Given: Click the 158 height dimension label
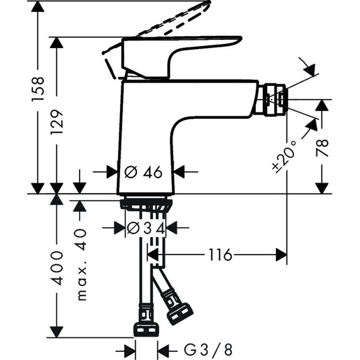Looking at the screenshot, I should tap(39, 90).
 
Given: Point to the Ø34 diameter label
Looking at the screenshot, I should tap(146, 229).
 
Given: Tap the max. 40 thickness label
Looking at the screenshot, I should tap(80, 264).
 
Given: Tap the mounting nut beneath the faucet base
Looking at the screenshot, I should tap(147, 205).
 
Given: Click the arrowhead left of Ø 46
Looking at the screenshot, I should tap(111, 171).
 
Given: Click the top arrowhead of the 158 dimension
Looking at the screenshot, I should tap(39, 6).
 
